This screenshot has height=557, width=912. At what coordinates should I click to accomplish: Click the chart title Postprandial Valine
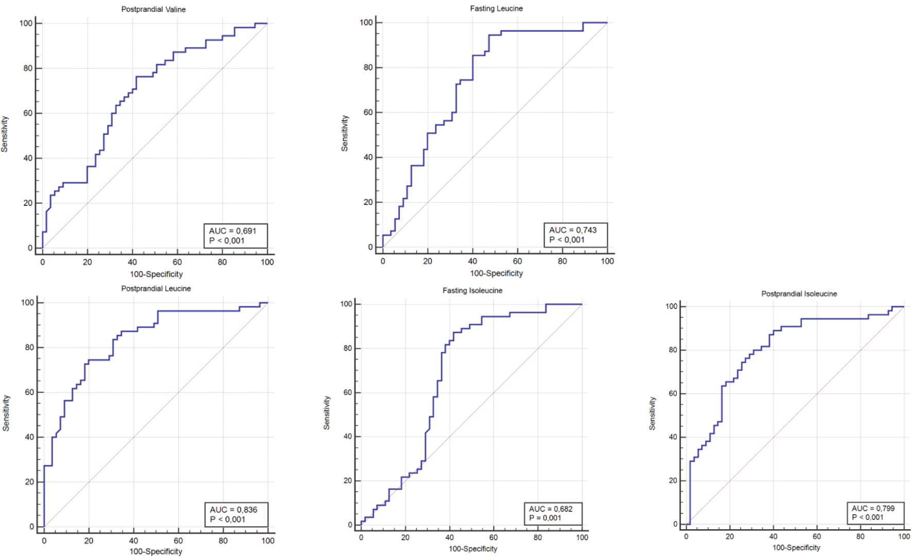153,9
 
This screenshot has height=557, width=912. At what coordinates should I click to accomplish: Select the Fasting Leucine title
496,8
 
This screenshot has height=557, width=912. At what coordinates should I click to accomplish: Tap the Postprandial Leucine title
156,288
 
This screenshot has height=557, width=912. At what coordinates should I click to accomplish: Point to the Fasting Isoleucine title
472,290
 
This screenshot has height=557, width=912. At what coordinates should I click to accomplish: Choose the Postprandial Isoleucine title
799,293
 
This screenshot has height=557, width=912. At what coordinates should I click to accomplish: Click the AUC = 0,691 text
233,231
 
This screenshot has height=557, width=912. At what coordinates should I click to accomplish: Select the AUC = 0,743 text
573,230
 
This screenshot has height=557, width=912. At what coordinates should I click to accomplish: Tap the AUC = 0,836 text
234,510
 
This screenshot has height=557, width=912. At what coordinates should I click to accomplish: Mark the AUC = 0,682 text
551,509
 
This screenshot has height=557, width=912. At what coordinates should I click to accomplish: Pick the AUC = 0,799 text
873,508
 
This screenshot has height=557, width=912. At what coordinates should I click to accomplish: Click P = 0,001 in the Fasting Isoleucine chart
545,518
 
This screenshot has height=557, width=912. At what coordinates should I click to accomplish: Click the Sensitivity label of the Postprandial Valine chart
5,134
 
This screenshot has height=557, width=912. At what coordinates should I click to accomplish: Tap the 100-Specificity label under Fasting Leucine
496,273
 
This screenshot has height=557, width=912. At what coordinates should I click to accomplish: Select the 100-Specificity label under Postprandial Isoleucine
796,548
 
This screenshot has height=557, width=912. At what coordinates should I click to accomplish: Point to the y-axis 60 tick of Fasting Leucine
368,112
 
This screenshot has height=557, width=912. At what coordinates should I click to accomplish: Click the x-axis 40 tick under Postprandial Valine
132,262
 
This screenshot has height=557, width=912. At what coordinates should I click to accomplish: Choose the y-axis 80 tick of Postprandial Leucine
29,347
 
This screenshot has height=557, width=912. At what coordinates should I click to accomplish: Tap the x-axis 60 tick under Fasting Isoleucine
493,537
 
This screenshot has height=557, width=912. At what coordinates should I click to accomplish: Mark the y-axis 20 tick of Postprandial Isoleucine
673,480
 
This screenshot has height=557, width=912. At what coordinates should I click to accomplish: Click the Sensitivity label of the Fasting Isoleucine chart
326,413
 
